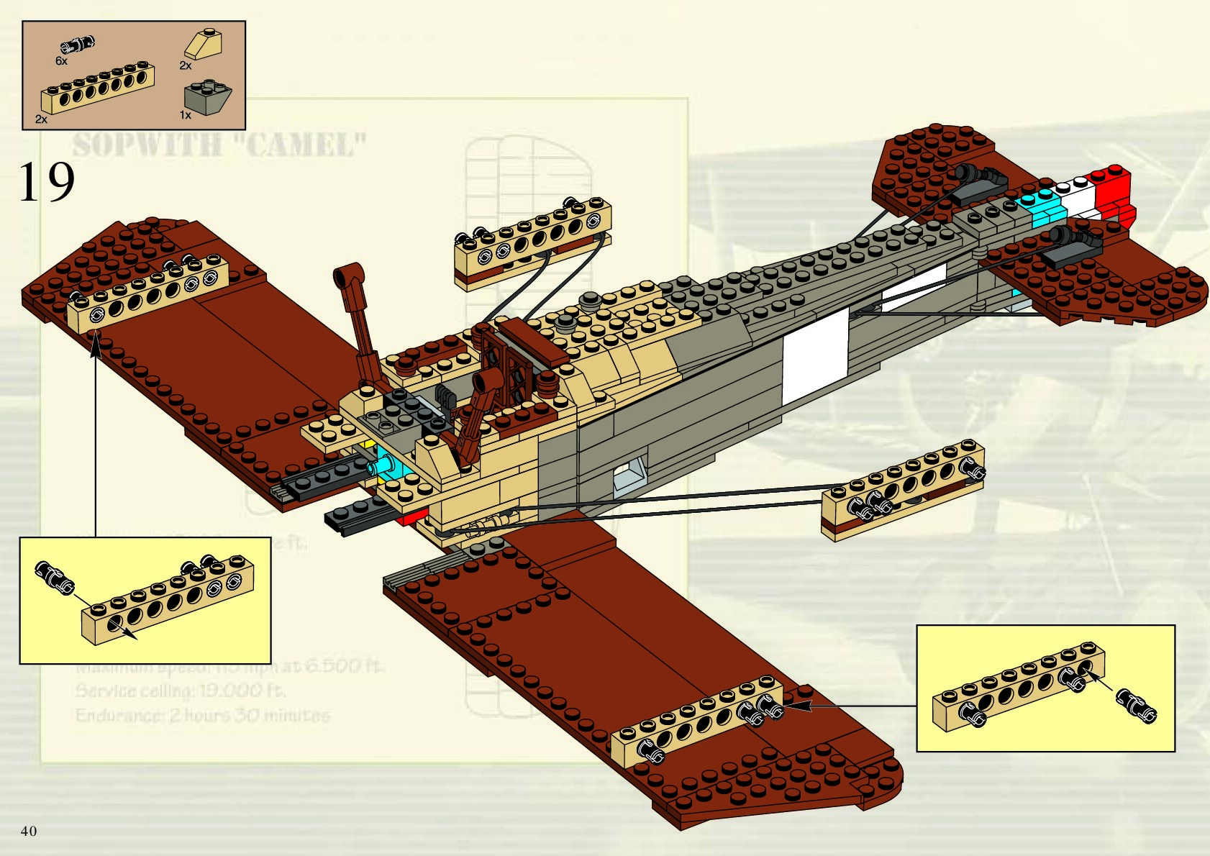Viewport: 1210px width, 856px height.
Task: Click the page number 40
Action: (29, 832)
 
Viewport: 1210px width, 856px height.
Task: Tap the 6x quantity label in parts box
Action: (62, 61)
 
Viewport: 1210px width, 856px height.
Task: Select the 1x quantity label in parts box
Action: (185, 115)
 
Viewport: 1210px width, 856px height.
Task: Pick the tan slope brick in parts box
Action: (204, 45)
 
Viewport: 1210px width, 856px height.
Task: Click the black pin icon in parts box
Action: (78, 45)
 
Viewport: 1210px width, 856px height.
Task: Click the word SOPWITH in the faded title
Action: (147, 145)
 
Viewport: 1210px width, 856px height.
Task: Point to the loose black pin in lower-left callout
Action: (53, 577)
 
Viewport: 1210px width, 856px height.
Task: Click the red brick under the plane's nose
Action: (413, 516)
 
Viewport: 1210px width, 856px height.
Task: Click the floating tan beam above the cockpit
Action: (533, 242)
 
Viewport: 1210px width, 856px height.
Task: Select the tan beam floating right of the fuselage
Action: (903, 489)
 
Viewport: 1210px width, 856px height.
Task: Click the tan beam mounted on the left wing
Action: (147, 292)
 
